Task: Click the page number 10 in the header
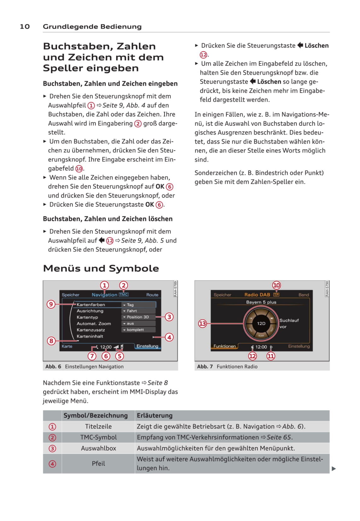tap(25, 26)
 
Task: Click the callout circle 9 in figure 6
tap(51, 304)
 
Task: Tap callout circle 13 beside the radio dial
tap(202, 323)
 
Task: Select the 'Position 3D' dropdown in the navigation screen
tap(138, 317)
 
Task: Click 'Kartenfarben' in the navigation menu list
tap(91, 305)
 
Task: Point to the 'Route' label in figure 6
tap(152, 295)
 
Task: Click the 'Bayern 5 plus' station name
tap(261, 302)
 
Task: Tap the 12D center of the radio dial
tap(261, 323)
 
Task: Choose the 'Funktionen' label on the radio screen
tap(224, 346)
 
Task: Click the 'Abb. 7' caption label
tap(205, 367)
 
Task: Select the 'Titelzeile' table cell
tap(98, 427)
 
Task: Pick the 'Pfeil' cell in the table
tap(98, 464)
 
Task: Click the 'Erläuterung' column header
tap(154, 415)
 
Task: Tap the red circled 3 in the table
tap(52, 448)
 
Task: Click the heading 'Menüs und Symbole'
tap(101, 268)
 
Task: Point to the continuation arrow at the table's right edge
tap(334, 469)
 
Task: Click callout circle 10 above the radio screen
tap(276, 285)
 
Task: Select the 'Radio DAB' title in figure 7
tap(257, 295)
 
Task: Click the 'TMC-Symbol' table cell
tap(98, 437)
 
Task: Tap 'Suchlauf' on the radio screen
tap(289, 320)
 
